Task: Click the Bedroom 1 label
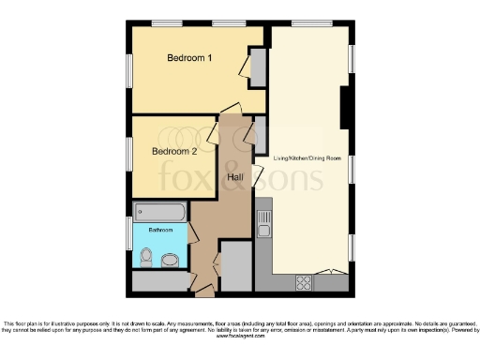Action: point(189,58)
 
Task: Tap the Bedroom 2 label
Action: point(174,151)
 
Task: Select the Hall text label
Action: point(236,176)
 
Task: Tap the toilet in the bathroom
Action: point(145,256)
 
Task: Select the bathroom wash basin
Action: point(171,260)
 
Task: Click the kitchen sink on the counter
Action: point(264,225)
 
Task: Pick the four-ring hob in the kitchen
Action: point(305,280)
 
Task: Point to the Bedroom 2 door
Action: point(214,134)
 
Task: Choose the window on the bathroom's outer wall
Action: point(128,232)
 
